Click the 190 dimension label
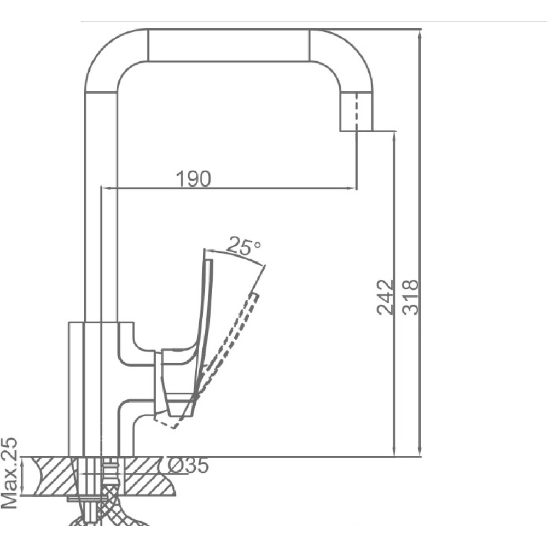193,179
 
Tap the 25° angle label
244,246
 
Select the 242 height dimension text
385,297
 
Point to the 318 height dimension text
410,297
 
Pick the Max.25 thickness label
9,473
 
